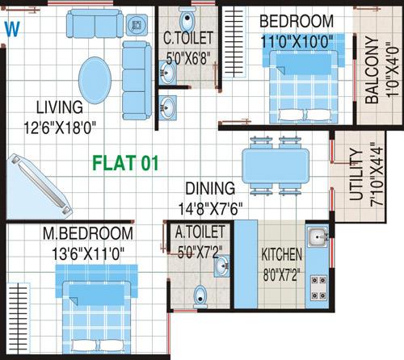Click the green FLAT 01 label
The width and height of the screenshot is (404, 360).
tap(125, 163)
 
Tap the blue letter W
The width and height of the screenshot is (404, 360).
tap(12, 29)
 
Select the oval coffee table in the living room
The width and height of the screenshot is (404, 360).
tap(95, 81)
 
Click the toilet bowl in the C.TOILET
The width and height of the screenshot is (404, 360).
tap(187, 19)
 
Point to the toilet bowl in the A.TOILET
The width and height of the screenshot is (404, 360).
tap(200, 296)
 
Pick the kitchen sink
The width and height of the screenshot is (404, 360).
tap(318, 237)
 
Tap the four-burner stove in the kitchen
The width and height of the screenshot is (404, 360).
tap(318, 288)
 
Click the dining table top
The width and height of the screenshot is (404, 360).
tap(276, 166)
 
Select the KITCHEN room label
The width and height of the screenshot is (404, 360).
tap(282, 254)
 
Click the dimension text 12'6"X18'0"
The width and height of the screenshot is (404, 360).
tap(60, 128)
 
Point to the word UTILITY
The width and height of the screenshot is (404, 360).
tap(356, 174)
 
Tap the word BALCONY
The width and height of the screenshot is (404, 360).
tap(372, 70)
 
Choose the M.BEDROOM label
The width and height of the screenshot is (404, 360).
tap(88, 233)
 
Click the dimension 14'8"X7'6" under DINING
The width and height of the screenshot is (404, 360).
tap(211, 208)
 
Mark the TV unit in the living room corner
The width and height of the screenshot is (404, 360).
tap(38, 187)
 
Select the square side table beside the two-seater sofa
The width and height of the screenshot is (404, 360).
tap(137, 25)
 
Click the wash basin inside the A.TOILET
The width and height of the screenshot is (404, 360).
tap(221, 266)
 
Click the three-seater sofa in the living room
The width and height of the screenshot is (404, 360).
tap(137, 81)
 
